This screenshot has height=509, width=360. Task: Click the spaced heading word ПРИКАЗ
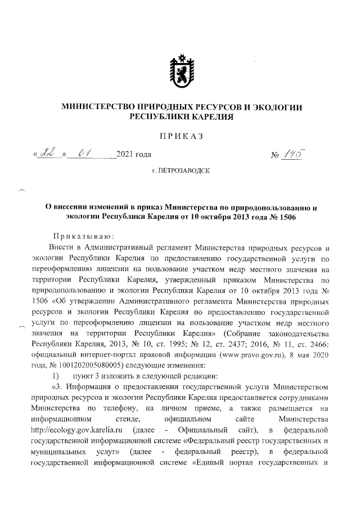pyautogui.click(x=180, y=136)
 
